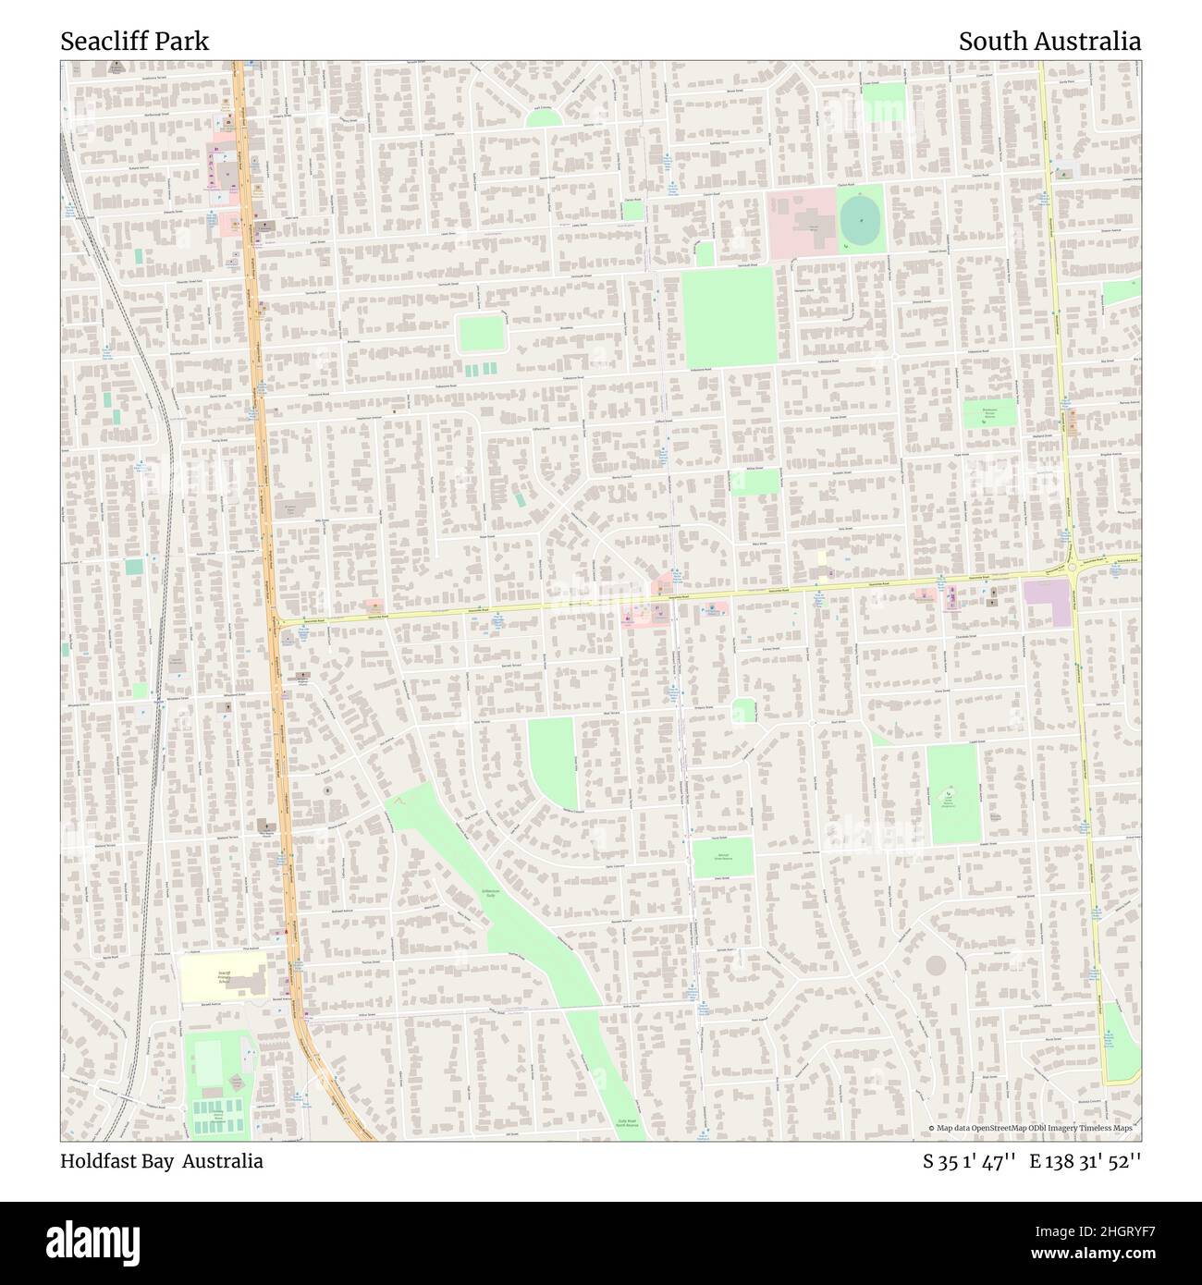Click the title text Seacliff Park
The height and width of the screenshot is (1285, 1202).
coord(135,42)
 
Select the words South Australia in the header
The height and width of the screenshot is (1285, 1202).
coord(1049,42)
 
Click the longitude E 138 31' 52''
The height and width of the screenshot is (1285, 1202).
coord(1085,1162)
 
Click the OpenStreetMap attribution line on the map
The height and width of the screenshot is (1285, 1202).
coord(1033,1128)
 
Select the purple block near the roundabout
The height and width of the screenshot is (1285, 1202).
coord(1048,602)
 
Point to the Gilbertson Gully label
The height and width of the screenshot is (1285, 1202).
coord(490,893)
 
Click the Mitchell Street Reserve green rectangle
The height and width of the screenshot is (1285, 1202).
coord(722,857)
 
